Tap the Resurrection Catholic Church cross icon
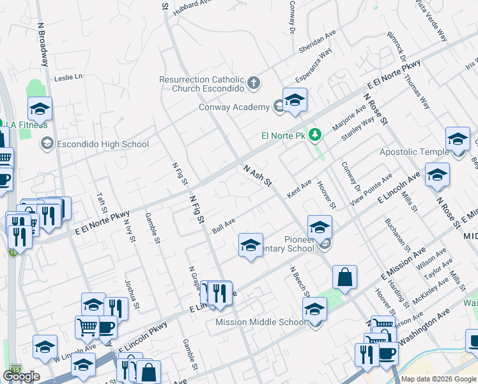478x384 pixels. click(254, 83)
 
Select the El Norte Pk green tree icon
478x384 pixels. click(314, 135)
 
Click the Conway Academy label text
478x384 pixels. click(234, 107)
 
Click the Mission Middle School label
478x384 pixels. click(261, 322)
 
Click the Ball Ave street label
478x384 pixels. click(224, 226)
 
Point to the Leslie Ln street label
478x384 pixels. click(69, 77)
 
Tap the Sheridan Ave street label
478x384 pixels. click(317, 42)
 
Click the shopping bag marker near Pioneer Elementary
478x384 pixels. click(344, 278)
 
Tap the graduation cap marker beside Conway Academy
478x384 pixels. click(295, 100)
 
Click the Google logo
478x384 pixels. click(21, 376)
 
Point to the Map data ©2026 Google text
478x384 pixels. click(438, 379)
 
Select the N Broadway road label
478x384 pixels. click(43, 45)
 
